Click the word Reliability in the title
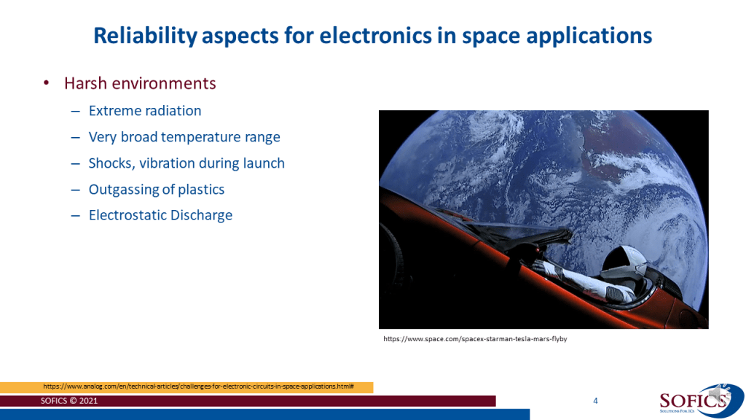(x=145, y=36)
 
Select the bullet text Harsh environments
(x=140, y=83)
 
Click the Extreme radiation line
(x=145, y=111)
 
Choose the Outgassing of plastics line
(x=157, y=190)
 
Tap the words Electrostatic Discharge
(x=160, y=215)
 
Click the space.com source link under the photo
(x=475, y=339)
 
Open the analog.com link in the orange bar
(x=198, y=386)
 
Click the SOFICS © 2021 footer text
(x=69, y=401)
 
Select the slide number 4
(x=595, y=401)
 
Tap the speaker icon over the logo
(x=718, y=393)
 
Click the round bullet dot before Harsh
(x=46, y=83)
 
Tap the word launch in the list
(x=264, y=163)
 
